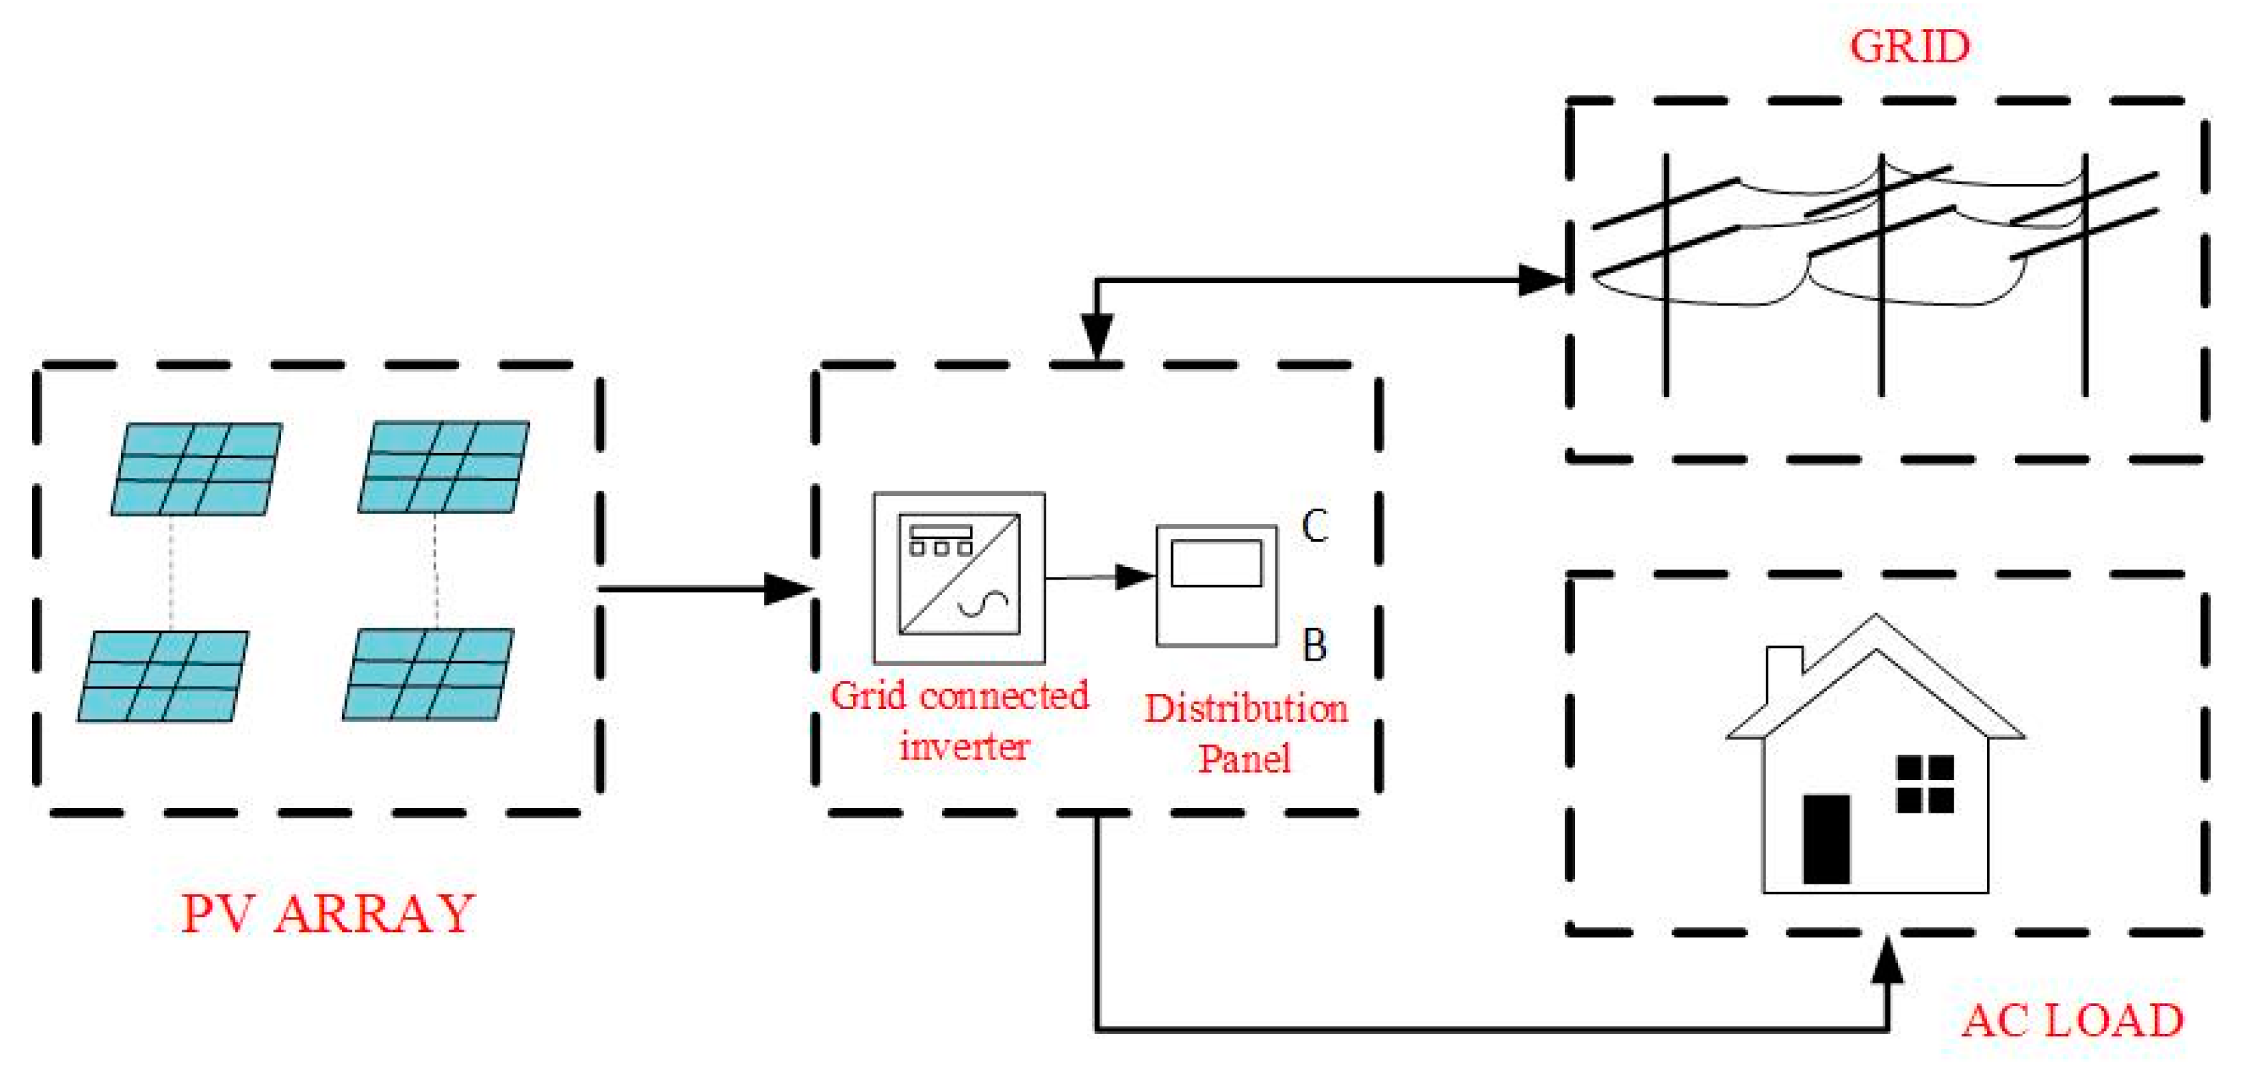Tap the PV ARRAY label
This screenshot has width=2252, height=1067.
328,914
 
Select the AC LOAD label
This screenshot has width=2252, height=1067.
2072,1020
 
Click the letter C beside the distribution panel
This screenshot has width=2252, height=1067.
1315,525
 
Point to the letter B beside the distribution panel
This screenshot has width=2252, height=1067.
1314,645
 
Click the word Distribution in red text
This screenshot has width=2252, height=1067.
1246,708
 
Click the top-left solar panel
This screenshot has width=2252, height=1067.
197,469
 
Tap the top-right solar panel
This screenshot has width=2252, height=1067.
444,467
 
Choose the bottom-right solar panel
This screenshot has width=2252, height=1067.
428,674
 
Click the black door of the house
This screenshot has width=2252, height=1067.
1826,839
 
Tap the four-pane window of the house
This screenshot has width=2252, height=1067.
1924,784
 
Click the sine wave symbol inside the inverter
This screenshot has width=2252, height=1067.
983,604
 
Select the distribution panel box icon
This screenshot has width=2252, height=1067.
1216,586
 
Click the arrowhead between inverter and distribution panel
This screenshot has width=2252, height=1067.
1135,577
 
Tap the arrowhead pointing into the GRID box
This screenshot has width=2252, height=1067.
1541,280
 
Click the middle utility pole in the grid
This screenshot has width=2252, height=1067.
1881,280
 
